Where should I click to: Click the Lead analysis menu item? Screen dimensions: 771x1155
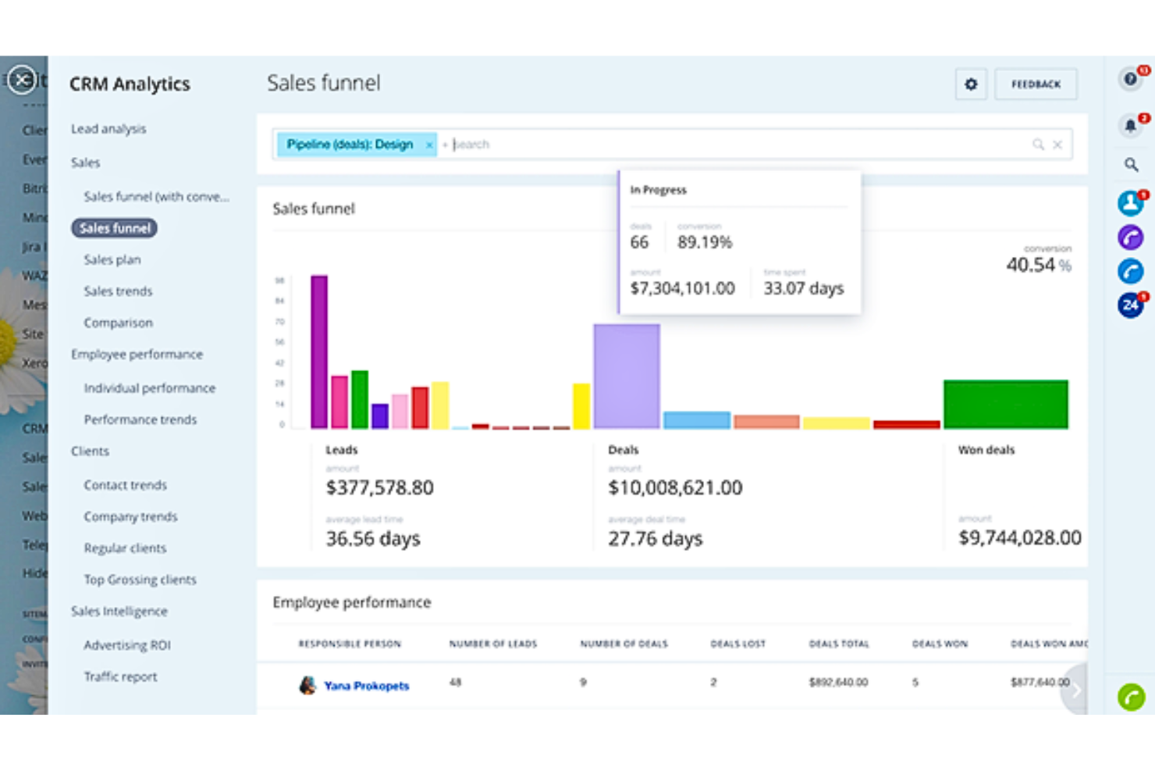[108, 129]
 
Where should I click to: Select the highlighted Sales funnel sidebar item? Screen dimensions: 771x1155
[115, 228]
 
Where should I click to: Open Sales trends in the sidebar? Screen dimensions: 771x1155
[118, 291]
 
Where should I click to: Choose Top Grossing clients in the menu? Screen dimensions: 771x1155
[140, 580]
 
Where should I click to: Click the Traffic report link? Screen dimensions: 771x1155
[120, 676]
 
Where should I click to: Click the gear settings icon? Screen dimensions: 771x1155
[971, 84]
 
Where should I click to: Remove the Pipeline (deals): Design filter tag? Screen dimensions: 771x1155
[428, 145]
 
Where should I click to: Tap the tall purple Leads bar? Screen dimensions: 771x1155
[318, 352]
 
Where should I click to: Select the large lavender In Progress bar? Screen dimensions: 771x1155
[626, 376]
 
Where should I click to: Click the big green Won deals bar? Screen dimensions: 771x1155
[1005, 404]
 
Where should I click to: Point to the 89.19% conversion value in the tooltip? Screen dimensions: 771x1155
[705, 242]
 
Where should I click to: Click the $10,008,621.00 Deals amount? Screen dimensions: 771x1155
[675, 487]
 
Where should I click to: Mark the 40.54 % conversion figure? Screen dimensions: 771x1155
[1038, 265]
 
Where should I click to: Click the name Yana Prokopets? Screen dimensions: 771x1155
[366, 686]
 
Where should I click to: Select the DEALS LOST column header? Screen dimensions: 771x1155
[737, 644]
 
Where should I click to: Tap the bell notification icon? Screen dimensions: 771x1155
[1130, 125]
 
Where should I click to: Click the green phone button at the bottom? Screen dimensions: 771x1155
[1131, 696]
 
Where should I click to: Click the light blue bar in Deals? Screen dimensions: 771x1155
[696, 419]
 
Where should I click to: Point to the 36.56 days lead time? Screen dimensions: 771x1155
[373, 538]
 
